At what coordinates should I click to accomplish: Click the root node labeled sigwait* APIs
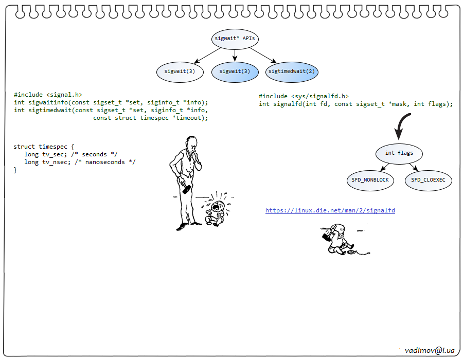click(x=235, y=39)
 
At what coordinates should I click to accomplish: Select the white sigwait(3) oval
click(x=178, y=71)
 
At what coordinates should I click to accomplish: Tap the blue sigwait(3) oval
click(x=235, y=71)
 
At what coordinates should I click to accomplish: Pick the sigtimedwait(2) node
click(x=292, y=71)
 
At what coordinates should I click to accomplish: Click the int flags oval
click(x=399, y=153)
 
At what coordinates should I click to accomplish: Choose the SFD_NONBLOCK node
click(x=370, y=181)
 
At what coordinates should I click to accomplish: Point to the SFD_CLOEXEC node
click(x=428, y=181)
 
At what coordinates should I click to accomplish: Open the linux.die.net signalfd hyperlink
click(x=330, y=210)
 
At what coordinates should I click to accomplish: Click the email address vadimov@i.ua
click(x=430, y=350)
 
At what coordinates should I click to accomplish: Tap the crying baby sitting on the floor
click(x=216, y=210)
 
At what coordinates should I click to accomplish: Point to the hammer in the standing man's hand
click(x=186, y=188)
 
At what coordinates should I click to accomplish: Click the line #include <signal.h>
click(x=48, y=95)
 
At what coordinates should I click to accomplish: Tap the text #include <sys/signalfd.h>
click(x=304, y=96)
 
